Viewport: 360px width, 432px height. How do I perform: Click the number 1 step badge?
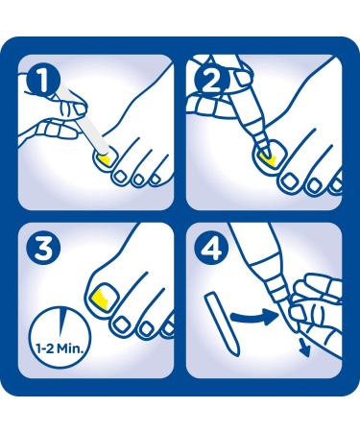[x=43, y=81]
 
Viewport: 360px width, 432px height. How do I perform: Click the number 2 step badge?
[x=211, y=81]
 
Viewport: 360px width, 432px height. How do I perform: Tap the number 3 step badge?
[x=43, y=249]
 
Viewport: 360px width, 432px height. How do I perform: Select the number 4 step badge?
[x=211, y=249]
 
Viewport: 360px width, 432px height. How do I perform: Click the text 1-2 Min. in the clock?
[x=60, y=348]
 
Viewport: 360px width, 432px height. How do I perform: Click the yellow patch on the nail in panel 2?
[x=268, y=159]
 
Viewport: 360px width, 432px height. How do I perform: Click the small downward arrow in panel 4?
[x=304, y=348]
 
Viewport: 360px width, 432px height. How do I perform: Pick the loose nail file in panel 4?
[x=222, y=324]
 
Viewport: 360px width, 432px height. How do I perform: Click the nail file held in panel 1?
[x=84, y=119]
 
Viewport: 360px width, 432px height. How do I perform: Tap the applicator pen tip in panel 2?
[x=265, y=148]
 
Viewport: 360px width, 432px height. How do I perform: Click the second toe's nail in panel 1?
[x=121, y=177]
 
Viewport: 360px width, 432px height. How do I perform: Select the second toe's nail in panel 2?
[x=290, y=181]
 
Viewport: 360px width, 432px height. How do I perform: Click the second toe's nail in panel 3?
[x=122, y=324]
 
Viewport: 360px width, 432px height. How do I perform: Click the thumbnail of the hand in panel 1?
[x=80, y=108]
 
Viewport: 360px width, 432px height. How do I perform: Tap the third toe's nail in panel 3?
[x=147, y=327]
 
